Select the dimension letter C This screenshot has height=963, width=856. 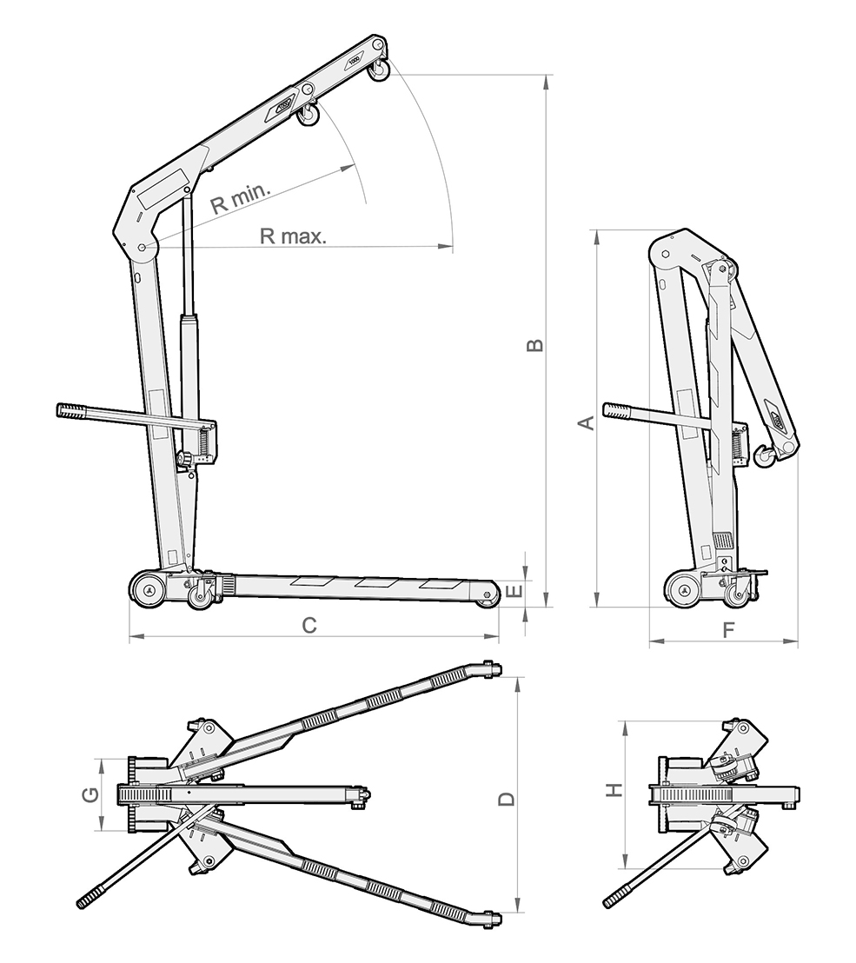tap(309, 625)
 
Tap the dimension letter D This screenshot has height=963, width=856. tap(507, 799)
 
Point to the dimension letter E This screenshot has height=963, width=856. tap(514, 593)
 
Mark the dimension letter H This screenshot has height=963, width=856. tap(614, 790)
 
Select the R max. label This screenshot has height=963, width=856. tap(292, 236)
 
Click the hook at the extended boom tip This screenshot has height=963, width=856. tap(379, 71)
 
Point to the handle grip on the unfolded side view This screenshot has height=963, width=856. tap(74, 409)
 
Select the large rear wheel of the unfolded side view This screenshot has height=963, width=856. tap(149, 588)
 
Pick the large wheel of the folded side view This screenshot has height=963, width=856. tap(684, 588)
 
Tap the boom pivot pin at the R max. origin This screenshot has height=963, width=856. tap(142, 248)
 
